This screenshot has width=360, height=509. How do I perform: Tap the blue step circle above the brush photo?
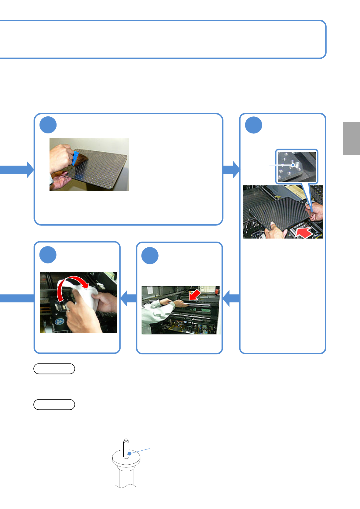48,125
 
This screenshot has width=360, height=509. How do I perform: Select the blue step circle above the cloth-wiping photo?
48,255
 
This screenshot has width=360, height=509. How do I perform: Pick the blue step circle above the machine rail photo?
150,256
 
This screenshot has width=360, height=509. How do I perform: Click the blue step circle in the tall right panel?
254,125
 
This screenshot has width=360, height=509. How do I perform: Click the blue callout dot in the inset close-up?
293,165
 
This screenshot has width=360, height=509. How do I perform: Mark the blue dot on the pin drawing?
129,453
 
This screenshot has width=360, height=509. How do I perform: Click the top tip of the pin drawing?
126,440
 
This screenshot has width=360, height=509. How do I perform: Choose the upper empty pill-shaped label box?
54,369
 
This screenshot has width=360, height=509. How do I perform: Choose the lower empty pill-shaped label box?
54,404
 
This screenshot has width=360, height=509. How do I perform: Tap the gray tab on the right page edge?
351,139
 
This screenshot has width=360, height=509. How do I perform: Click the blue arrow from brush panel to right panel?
231,169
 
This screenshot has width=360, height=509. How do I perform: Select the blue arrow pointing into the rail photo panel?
231,298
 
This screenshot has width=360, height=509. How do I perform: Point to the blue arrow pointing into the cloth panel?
129,298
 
